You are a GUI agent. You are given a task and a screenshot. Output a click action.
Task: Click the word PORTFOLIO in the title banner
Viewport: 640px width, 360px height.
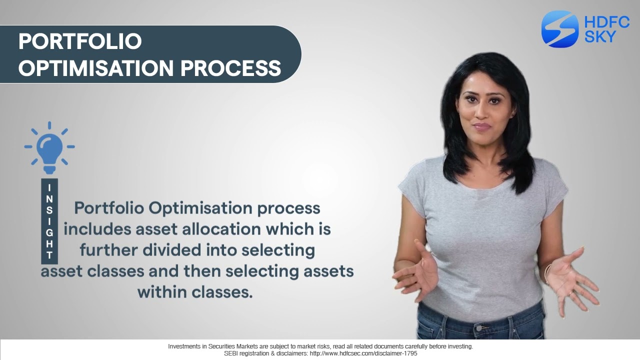(80, 41)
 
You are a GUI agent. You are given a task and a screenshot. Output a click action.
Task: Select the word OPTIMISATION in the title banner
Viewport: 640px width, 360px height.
(96, 68)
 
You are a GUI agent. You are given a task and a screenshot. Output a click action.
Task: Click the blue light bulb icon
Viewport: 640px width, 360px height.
(49, 146)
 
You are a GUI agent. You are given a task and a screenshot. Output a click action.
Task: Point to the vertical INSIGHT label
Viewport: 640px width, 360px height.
(49, 221)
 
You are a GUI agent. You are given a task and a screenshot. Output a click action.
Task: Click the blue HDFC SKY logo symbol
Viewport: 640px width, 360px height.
(559, 29)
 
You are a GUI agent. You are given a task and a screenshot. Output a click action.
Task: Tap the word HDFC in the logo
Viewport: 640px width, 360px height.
(606, 22)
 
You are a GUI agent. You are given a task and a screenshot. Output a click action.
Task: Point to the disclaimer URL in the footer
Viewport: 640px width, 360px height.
(363, 353)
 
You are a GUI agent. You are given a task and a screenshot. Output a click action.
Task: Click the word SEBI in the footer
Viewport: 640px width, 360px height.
(232, 353)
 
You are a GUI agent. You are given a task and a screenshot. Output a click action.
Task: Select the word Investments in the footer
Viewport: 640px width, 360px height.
(184, 346)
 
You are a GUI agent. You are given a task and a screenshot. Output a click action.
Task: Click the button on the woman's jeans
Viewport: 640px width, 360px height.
(481, 328)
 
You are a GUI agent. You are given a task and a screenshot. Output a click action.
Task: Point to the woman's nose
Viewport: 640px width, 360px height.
(481, 113)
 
